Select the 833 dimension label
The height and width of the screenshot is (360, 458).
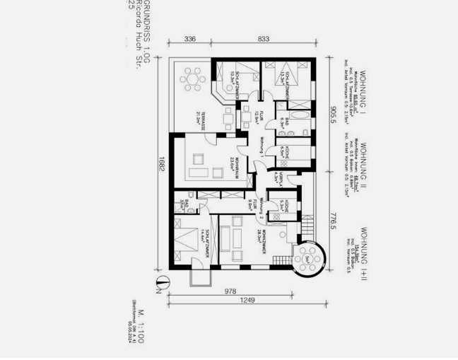pos(263,39)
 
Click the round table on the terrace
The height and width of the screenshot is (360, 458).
pos(191,81)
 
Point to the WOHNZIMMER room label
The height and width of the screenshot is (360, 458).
pos(263,243)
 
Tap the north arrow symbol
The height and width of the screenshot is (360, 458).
pos(160,287)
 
